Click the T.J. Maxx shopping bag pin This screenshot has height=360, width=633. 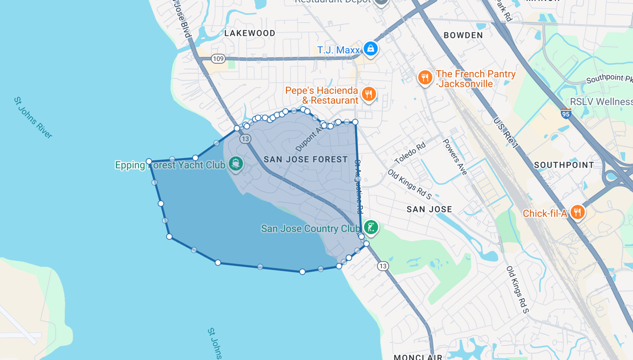click(x=370, y=48)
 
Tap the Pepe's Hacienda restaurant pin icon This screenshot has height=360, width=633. click(x=368, y=94)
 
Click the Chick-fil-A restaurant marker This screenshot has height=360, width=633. click(x=577, y=212)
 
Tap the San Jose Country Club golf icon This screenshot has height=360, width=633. click(x=371, y=227)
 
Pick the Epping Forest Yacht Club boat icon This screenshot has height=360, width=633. click(x=236, y=164)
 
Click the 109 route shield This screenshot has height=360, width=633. click(x=218, y=59)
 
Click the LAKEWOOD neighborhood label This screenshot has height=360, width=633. click(x=250, y=33)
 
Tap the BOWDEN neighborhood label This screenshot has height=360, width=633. click(x=463, y=35)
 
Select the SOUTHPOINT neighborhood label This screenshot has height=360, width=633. click(x=564, y=165)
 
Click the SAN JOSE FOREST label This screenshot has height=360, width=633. click(x=306, y=159)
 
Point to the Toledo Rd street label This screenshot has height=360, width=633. click(x=410, y=154)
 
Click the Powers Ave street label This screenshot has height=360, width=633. click(x=454, y=153)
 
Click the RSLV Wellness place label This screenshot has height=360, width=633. click(x=601, y=102)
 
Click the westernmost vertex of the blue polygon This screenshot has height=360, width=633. click(x=149, y=161)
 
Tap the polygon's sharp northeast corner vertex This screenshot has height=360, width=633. click(x=355, y=122)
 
